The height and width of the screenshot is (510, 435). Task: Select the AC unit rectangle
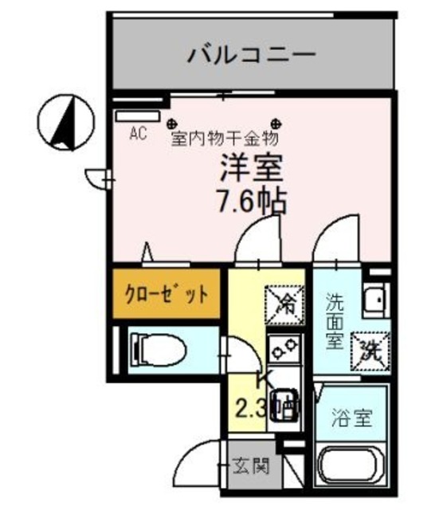coord(136,116)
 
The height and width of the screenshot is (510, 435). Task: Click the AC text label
coord(136,133)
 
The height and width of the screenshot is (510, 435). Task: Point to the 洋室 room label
coord(253,170)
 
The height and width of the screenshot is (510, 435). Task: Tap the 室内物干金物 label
coord(225,137)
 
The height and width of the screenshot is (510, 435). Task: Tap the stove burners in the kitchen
coord(283,347)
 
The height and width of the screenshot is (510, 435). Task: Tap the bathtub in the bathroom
coord(351,465)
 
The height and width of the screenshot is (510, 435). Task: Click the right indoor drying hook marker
coord(276,123)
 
